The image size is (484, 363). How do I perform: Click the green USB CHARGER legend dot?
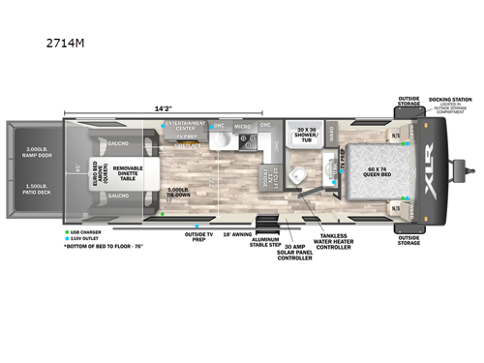(x=67, y=231)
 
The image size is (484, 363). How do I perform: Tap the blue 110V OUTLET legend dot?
(x=67, y=239)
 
